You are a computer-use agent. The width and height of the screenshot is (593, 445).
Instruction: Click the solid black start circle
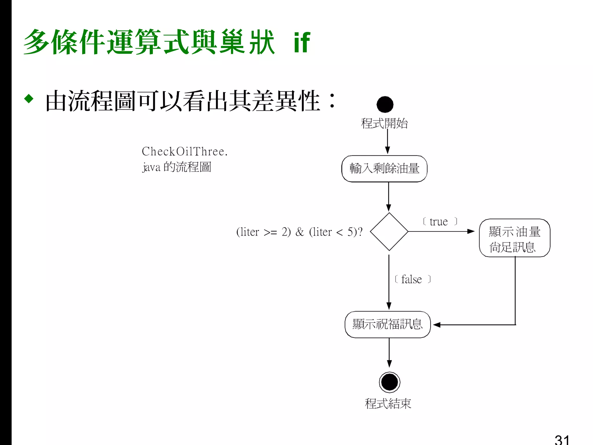click(385, 104)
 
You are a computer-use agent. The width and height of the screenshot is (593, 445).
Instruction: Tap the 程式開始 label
click(384, 123)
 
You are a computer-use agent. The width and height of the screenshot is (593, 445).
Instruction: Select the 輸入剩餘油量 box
click(384, 169)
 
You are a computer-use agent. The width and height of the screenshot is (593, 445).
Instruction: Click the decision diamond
click(389, 231)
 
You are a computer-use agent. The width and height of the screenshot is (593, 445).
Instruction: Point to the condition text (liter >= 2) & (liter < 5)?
click(299, 232)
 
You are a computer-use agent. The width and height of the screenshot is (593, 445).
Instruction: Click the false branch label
click(412, 279)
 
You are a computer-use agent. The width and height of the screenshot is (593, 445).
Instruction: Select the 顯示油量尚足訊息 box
click(515, 238)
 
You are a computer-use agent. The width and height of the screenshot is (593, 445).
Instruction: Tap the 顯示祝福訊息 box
click(388, 324)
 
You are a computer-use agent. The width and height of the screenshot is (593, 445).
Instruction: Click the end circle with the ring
click(389, 382)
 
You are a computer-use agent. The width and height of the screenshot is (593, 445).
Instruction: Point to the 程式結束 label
click(388, 404)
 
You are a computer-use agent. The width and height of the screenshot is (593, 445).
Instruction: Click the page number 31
click(562, 439)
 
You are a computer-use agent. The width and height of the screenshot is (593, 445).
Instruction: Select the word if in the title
click(302, 43)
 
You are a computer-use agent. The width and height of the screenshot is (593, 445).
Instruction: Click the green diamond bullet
click(29, 99)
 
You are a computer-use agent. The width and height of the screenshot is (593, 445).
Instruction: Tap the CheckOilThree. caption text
click(184, 152)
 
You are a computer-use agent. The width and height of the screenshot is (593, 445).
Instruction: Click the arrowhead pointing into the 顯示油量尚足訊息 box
click(471, 231)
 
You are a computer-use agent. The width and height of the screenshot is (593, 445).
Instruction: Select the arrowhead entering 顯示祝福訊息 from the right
click(437, 325)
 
